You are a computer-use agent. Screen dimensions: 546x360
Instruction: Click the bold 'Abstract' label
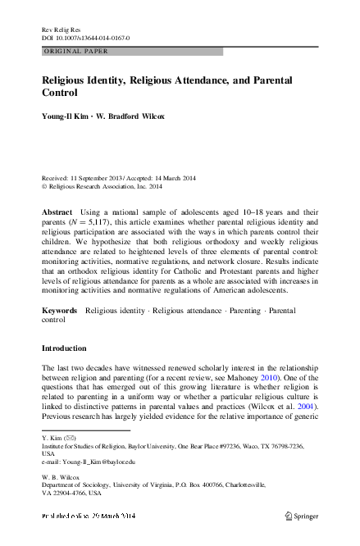57,212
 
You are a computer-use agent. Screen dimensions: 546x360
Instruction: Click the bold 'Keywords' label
60,312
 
